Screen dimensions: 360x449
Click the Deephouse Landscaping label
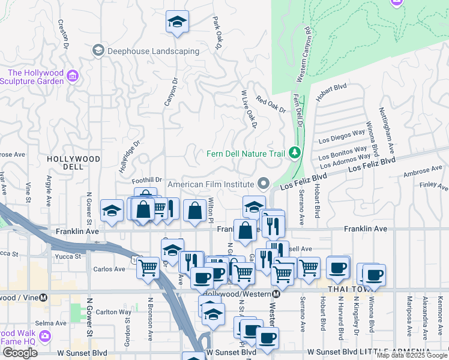[153, 52]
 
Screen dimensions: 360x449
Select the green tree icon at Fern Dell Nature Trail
[294, 153]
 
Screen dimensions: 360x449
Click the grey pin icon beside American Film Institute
[263, 183]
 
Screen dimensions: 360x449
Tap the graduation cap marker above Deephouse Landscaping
[177, 22]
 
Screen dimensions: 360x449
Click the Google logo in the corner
[20, 353]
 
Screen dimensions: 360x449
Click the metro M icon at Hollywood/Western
[276, 294]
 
